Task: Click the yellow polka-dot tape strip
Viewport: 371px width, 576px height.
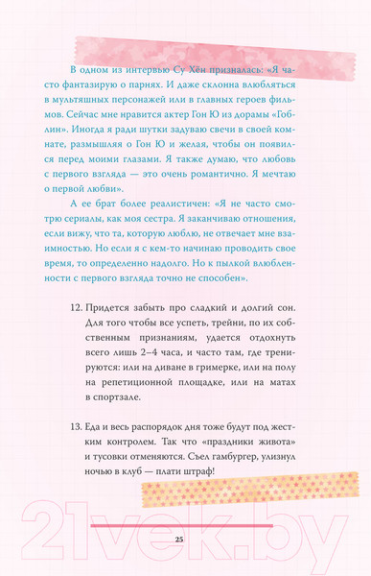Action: (249, 493)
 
